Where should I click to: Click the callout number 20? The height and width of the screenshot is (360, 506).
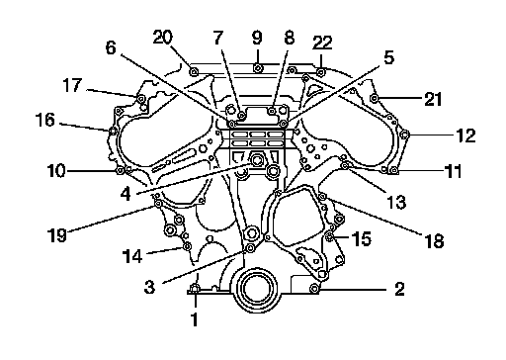pyautogui.click(x=163, y=37)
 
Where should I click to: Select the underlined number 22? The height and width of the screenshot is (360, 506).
pyautogui.click(x=322, y=43)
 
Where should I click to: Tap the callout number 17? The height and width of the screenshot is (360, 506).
pyautogui.click(x=72, y=85)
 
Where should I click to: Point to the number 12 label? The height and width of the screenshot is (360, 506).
pyautogui.click(x=465, y=135)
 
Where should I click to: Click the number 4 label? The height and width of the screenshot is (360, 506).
pyautogui.click(x=126, y=194)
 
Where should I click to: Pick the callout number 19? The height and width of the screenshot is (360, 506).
pyautogui.click(x=57, y=235)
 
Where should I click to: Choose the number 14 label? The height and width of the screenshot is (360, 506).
pyautogui.click(x=132, y=256)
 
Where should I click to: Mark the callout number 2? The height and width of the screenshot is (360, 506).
pyautogui.click(x=399, y=289)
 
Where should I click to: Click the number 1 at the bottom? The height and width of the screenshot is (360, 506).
pyautogui.click(x=195, y=319)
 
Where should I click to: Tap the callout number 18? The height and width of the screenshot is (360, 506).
pyautogui.click(x=435, y=241)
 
